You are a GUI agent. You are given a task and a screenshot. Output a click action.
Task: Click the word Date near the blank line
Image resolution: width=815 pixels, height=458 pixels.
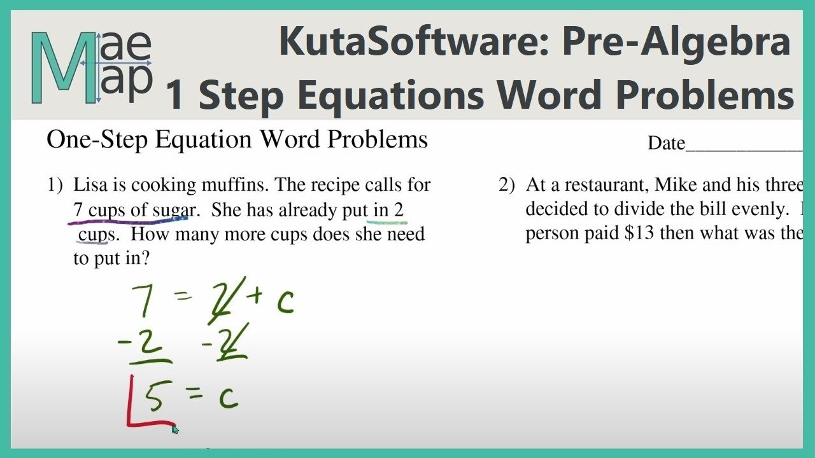point(666,144)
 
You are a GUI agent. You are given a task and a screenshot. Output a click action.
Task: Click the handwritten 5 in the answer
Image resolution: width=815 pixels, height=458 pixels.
point(153,398)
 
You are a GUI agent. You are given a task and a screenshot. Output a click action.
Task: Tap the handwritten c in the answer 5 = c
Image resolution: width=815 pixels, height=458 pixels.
point(228,398)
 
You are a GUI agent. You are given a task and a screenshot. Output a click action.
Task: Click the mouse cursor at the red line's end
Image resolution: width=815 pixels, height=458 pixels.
point(175,429)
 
